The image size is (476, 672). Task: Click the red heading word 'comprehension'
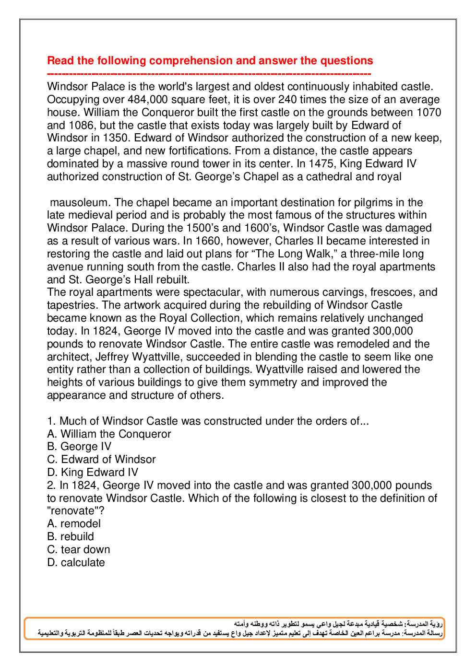pos(191,61)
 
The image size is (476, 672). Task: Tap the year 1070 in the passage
pos(428,113)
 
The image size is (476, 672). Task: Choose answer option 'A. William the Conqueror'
pos(109,434)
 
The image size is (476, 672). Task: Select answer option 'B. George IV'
pos(79,447)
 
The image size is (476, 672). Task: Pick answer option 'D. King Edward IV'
pos(93,473)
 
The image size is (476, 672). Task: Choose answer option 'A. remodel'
pos(74,524)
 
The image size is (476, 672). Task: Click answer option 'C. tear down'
pos(79,550)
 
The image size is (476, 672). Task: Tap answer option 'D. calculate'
pos(76,563)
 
